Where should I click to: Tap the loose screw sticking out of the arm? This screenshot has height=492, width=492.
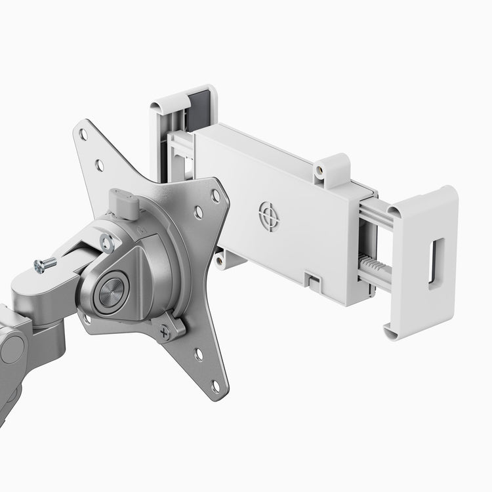coord(45,264)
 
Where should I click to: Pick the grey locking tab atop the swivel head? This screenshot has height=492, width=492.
coord(124,203)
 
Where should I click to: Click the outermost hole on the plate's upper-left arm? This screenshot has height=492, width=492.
coord(83,134)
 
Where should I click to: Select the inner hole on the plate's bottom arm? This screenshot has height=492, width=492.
coord(199,355)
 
